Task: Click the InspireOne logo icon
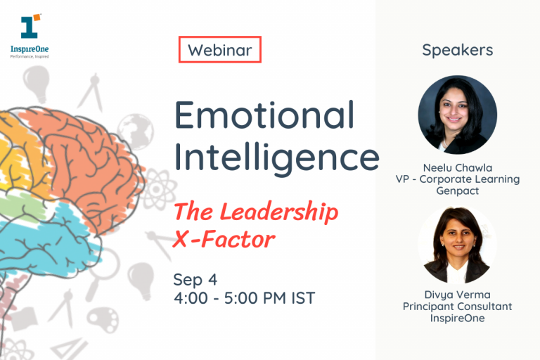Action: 31,26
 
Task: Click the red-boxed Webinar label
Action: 219,50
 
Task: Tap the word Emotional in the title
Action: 264,115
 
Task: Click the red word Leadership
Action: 279,212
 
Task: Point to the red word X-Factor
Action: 224,239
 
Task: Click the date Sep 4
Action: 195,280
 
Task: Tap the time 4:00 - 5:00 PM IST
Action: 244,298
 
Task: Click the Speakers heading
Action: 457,51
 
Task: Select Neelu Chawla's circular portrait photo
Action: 457,115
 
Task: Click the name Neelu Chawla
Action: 457,168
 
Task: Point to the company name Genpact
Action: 457,191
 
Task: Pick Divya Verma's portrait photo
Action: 457,245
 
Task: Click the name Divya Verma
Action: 457,295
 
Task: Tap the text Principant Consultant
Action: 457,307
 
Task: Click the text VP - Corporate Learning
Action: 457,179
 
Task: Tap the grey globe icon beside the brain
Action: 136,131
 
